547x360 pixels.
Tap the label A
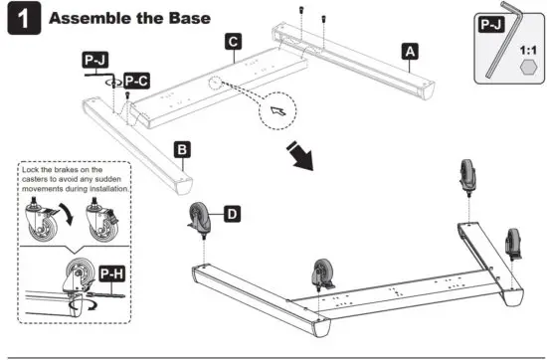click(x=410, y=50)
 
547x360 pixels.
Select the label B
click(x=183, y=149)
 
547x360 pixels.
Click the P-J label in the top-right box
click(x=491, y=24)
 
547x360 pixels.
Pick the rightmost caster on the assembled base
click(x=515, y=243)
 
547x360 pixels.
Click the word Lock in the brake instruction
click(x=30, y=171)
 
